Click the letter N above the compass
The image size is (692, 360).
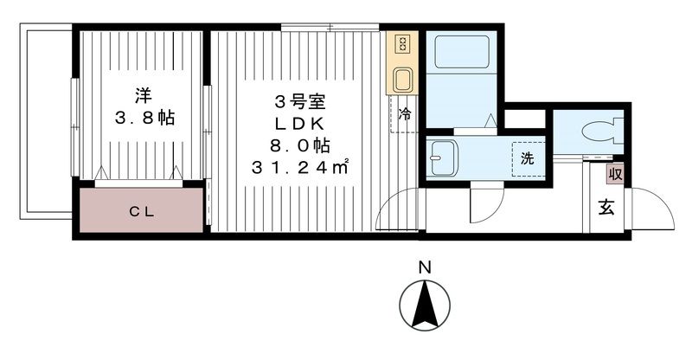[424, 269]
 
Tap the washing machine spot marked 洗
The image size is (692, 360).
[526, 158]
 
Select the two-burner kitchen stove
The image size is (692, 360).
[402, 43]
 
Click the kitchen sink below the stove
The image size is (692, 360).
[403, 80]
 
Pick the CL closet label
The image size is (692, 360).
[143, 210]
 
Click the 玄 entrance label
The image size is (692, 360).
[606, 209]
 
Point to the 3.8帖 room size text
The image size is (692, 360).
[143, 118]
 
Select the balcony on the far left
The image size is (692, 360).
[45, 121]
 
